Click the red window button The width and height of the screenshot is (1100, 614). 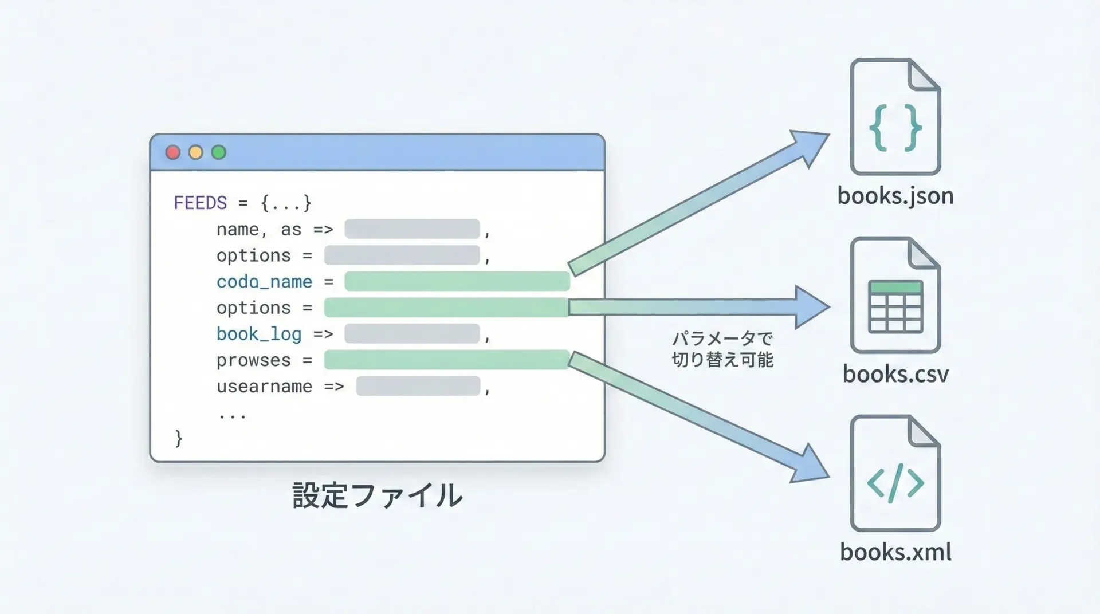pyautogui.click(x=172, y=152)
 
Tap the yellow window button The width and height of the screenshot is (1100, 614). pyautogui.click(x=196, y=152)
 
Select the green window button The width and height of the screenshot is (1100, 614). pyautogui.click(x=219, y=152)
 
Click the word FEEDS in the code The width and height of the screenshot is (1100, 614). pyautogui.click(x=200, y=203)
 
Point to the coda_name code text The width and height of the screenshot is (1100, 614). pyautogui.click(x=264, y=282)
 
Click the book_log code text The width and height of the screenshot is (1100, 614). pyautogui.click(x=259, y=334)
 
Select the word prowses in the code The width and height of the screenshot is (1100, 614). pyautogui.click(x=253, y=360)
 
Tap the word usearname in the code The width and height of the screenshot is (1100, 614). pyautogui.click(x=264, y=387)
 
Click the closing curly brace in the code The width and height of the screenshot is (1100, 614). pyautogui.click(x=179, y=438)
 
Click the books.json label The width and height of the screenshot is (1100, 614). pyautogui.click(x=895, y=196)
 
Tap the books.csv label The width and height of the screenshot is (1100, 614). pyautogui.click(x=895, y=375)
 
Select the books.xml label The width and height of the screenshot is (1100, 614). pyautogui.click(x=895, y=552)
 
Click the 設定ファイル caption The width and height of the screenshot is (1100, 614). pyautogui.click(x=377, y=495)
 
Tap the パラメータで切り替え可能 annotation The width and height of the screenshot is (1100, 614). pyautogui.click(x=722, y=349)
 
